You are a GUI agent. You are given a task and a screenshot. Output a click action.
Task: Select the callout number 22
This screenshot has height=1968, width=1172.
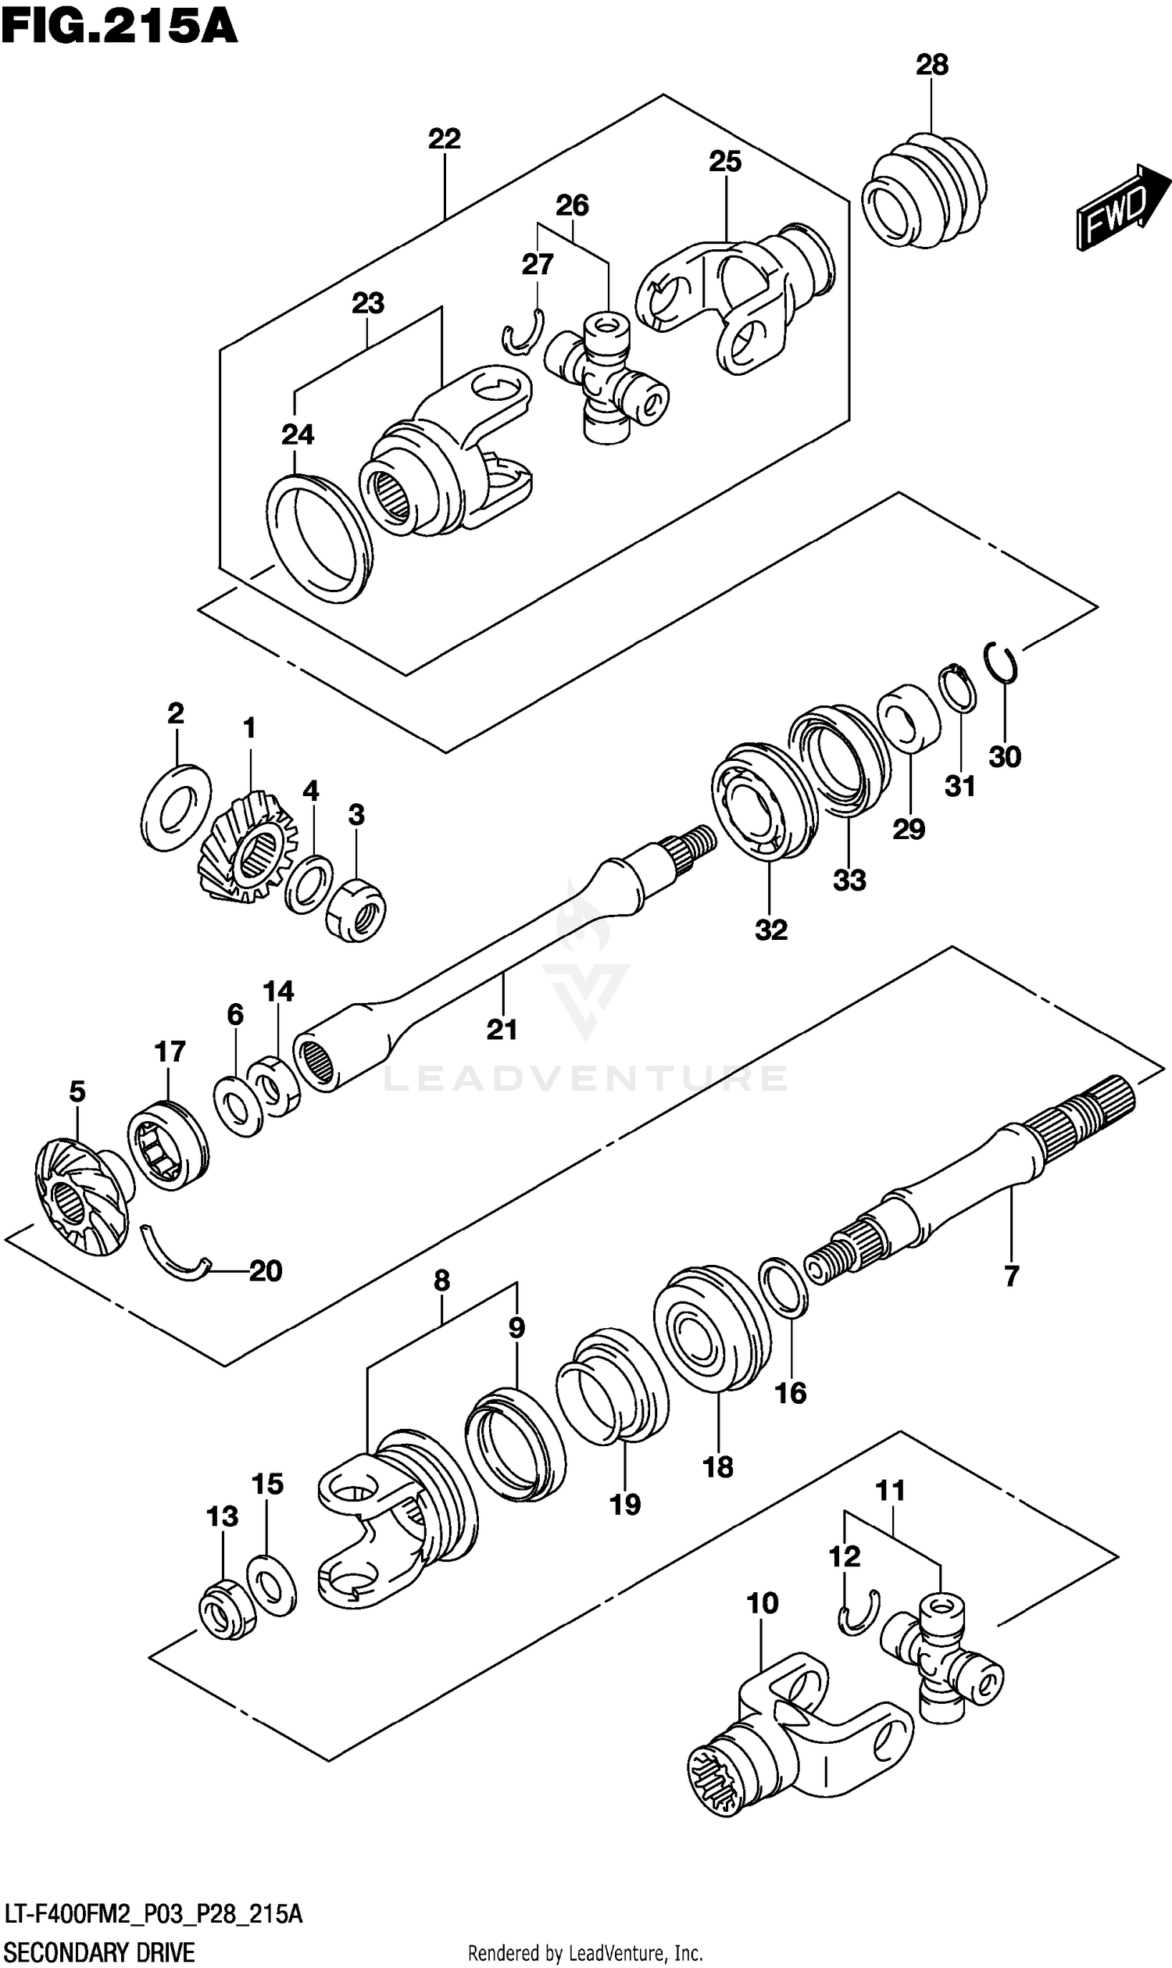[444, 140]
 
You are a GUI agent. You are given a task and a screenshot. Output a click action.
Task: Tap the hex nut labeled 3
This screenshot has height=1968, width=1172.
[356, 910]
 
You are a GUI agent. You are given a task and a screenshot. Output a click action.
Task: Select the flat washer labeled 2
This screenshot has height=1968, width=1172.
[177, 807]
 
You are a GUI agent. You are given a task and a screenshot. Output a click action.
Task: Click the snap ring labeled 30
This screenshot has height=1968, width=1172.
[1002, 662]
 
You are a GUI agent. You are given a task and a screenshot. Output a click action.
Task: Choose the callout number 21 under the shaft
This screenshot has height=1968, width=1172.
[502, 1029]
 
